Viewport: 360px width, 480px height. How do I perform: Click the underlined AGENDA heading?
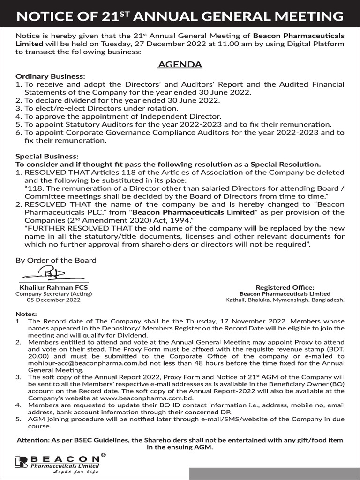coord(180,64)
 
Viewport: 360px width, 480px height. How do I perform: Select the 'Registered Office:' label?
coord(285,287)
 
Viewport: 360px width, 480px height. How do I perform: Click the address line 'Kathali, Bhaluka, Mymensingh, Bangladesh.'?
coord(285,300)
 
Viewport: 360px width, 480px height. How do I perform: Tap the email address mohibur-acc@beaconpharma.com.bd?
coord(78,356)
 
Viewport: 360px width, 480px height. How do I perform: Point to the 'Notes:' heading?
coord(26,314)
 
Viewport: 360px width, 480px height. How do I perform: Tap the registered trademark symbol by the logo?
coord(103,455)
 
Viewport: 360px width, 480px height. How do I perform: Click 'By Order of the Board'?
coord(56,260)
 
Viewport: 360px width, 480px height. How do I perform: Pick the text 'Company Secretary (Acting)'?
coord(53,293)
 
